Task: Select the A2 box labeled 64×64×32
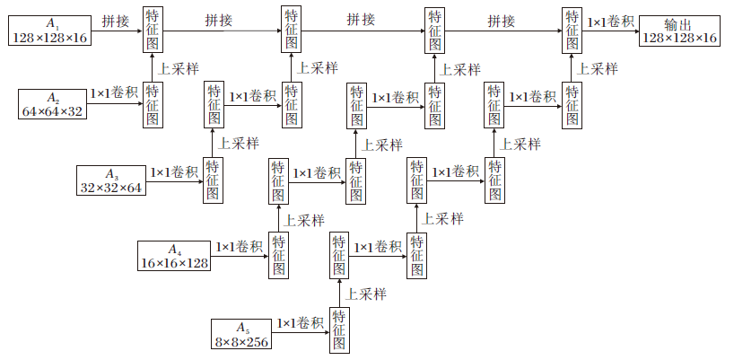[x=52, y=103]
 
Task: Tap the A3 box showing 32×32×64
[x=111, y=180]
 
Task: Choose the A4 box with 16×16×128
[x=174, y=256]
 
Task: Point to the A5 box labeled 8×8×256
[x=240, y=332]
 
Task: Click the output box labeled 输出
[x=679, y=30]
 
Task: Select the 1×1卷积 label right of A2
[x=114, y=93]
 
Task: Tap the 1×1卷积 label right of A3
[x=174, y=171]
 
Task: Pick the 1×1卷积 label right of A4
[x=239, y=247]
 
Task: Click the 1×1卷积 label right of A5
[x=301, y=322]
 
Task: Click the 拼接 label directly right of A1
[x=114, y=20]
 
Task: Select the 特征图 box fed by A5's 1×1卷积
[x=339, y=330]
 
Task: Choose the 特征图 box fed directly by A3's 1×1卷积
[x=213, y=180]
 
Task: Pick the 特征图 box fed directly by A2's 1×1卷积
[x=153, y=104]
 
